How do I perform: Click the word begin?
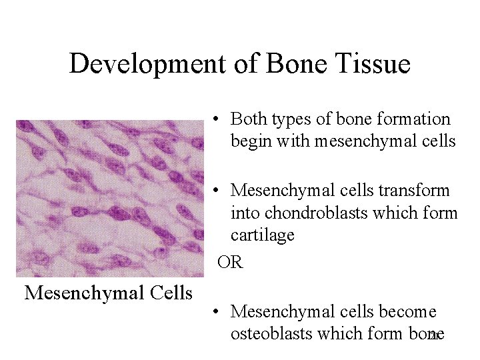[x=250, y=141]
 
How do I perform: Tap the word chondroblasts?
[x=318, y=213]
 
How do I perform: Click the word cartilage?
[x=262, y=235]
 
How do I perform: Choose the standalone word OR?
[x=231, y=262]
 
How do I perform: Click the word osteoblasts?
[x=273, y=333]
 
